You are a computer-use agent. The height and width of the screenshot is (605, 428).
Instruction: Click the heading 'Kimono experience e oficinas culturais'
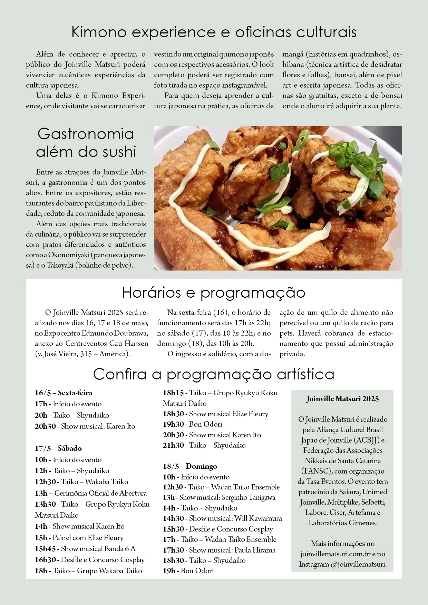214,32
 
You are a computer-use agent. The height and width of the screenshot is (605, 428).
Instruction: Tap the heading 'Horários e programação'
214,292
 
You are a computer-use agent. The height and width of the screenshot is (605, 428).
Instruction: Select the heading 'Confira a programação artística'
214,374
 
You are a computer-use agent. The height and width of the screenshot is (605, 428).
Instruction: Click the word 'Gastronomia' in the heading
86,134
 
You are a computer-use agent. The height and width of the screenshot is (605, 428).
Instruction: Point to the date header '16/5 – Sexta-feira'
64,393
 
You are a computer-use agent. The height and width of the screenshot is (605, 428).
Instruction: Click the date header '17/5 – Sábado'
58,448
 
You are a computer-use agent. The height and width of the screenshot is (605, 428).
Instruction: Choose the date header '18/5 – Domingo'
190,466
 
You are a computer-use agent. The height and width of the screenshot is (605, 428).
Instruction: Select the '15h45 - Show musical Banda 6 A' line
85,549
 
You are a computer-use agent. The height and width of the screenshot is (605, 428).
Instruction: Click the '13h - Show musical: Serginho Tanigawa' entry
219,497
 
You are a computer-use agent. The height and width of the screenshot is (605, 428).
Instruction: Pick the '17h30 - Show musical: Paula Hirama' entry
219,550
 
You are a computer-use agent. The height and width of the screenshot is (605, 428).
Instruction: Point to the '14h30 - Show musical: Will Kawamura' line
223,518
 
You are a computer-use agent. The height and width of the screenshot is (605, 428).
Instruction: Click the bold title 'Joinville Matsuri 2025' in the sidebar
342,399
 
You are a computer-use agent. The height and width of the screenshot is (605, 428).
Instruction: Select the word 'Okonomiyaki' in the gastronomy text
68,255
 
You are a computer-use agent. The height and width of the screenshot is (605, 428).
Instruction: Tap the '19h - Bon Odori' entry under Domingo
188,571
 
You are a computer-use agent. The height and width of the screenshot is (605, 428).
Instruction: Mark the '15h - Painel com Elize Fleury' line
79,538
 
